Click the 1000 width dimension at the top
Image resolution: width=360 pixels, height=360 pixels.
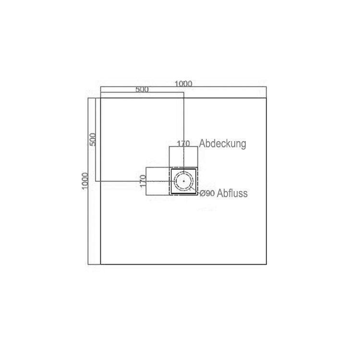click(x=183, y=84)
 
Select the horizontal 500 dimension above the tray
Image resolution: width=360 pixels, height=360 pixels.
click(x=142, y=89)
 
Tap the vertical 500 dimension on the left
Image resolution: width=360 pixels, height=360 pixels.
click(x=93, y=139)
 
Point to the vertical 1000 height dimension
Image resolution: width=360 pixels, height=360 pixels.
click(x=85, y=181)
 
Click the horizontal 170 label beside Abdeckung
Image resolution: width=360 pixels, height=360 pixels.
click(x=183, y=144)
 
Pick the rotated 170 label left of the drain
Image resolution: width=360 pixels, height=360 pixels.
click(x=143, y=181)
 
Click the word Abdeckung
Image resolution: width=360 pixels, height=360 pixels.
click(x=222, y=144)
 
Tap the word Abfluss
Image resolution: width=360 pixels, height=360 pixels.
click(x=232, y=193)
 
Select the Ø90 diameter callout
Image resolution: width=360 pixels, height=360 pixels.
click(x=207, y=193)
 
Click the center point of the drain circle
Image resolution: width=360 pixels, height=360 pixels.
click(x=184, y=181)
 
